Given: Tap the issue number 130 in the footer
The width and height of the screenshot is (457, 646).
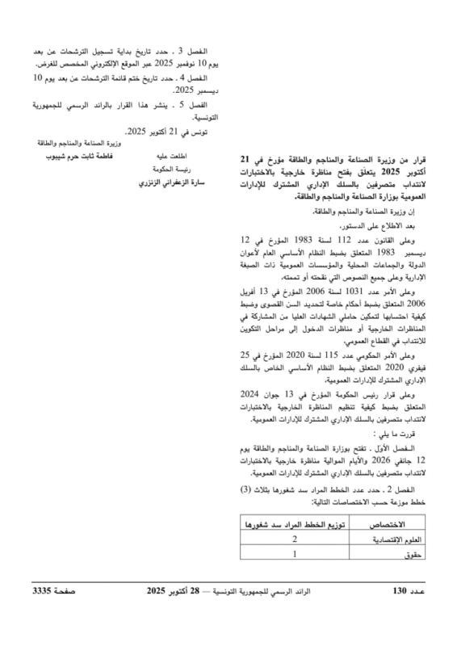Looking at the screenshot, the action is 399,592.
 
